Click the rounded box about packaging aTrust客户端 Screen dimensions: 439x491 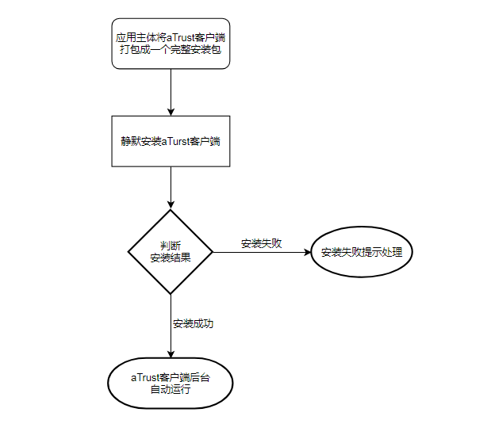tap(171, 44)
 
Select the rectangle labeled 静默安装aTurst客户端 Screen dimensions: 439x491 tap(171, 142)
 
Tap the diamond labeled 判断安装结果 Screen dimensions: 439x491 tap(171, 252)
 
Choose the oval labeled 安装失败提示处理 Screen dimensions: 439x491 tap(362, 253)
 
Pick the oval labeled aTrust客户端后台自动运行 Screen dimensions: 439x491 tap(170, 384)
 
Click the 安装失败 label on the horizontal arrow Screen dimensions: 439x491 tap(262, 243)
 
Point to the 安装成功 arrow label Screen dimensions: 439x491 tap(193, 323)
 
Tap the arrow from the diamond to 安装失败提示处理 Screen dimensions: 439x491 tap(262, 253)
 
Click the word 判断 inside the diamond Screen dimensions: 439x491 tap(171, 245)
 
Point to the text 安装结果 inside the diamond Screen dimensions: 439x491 tap(171, 258)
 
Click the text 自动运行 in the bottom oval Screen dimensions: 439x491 tap(171, 390)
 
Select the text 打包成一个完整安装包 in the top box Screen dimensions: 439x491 tap(171, 51)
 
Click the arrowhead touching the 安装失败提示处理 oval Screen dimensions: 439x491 tap(305, 253)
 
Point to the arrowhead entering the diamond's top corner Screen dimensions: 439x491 tap(171, 204)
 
